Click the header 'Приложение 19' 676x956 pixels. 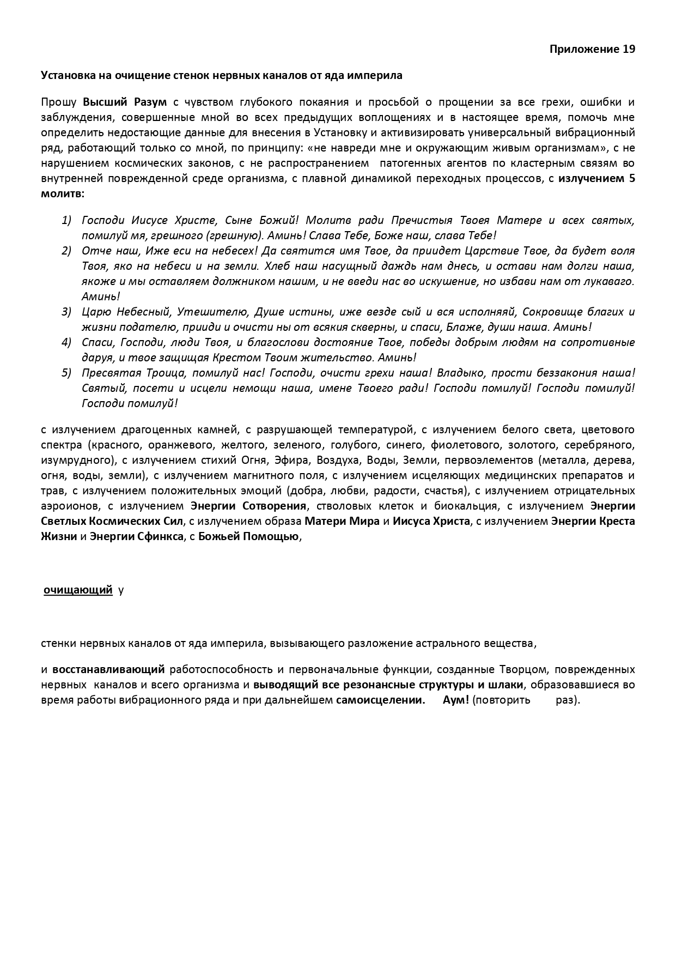pos(592,49)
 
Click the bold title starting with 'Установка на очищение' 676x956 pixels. pos(221,75)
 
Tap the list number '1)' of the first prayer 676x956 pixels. pos(66,220)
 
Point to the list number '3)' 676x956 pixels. pos(66,312)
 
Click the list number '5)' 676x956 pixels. pos(66,373)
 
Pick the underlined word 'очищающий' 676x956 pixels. pos(78,590)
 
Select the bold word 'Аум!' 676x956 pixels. pos(455,700)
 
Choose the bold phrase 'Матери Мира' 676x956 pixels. pos(342,521)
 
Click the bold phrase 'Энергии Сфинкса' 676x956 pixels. pos(136,536)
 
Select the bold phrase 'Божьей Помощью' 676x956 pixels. pos(249,536)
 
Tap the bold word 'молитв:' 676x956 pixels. pos(63,193)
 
